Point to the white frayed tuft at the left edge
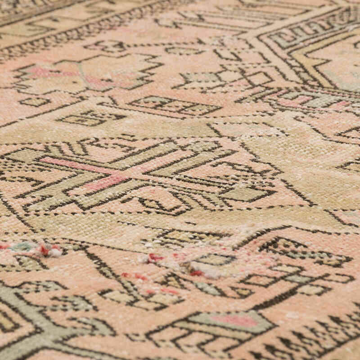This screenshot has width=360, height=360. [x=54, y=252]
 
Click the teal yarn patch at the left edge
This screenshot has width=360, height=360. [x=22, y=247]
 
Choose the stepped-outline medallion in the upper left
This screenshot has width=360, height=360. [x=85, y=74]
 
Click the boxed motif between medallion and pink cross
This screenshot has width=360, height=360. [x=90, y=119]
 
